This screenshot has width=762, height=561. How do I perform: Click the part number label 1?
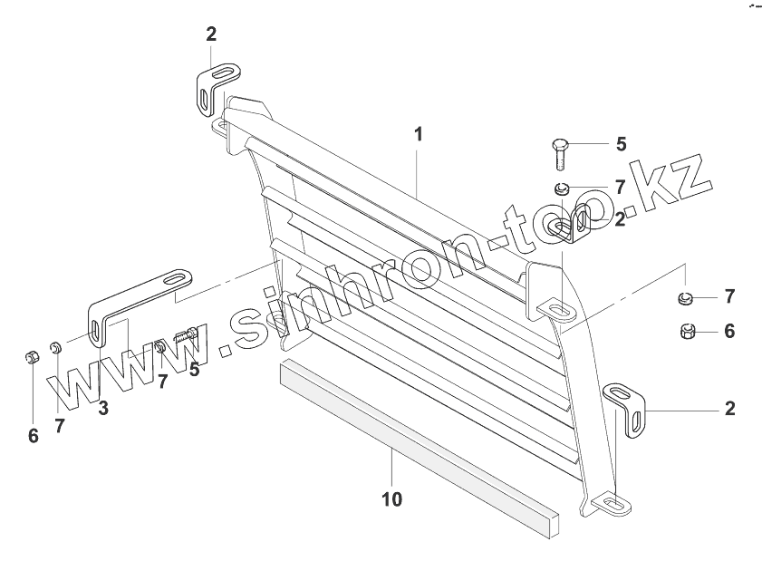(418, 134)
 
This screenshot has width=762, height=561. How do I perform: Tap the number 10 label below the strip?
(391, 498)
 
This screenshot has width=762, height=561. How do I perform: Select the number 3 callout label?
(103, 408)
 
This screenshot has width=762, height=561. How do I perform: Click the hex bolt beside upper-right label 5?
(558, 153)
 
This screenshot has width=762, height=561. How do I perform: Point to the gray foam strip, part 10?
(417, 444)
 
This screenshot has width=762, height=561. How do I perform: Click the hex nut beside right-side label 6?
(687, 332)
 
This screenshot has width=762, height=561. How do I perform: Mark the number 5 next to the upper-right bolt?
(621, 143)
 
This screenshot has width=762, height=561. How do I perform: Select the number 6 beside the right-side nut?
(729, 332)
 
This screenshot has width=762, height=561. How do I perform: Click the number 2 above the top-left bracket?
(211, 34)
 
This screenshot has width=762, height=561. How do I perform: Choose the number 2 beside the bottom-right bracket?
(729, 409)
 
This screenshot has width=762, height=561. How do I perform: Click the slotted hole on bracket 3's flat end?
(176, 281)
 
